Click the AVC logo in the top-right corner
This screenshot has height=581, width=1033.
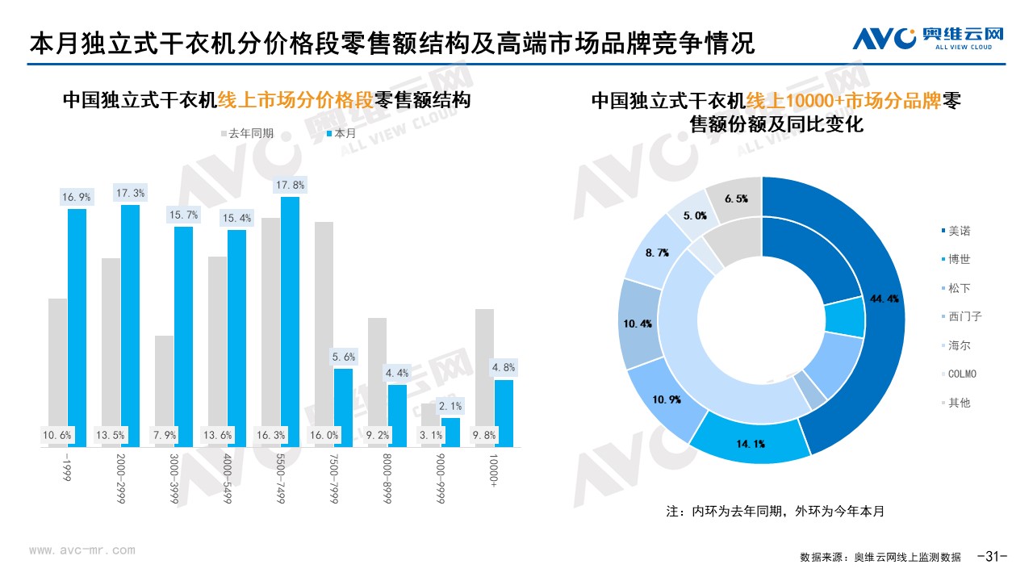pyautogui.click(x=928, y=38)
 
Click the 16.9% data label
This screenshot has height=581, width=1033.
pyautogui.click(x=77, y=197)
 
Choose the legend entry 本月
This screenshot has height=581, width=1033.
pyautogui.click(x=341, y=133)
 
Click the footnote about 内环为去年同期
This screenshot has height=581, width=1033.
pyautogui.click(x=775, y=511)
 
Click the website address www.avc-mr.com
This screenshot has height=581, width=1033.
pyautogui.click(x=82, y=550)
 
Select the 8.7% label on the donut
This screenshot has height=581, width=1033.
pyautogui.click(x=658, y=253)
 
